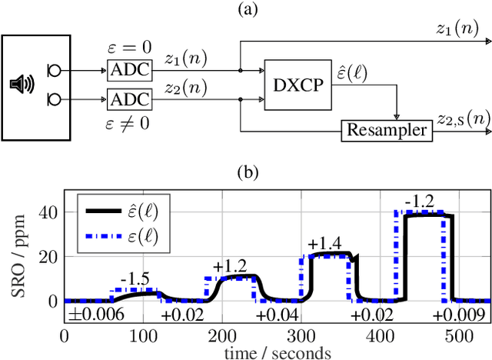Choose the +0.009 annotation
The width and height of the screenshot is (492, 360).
[x=458, y=315]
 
